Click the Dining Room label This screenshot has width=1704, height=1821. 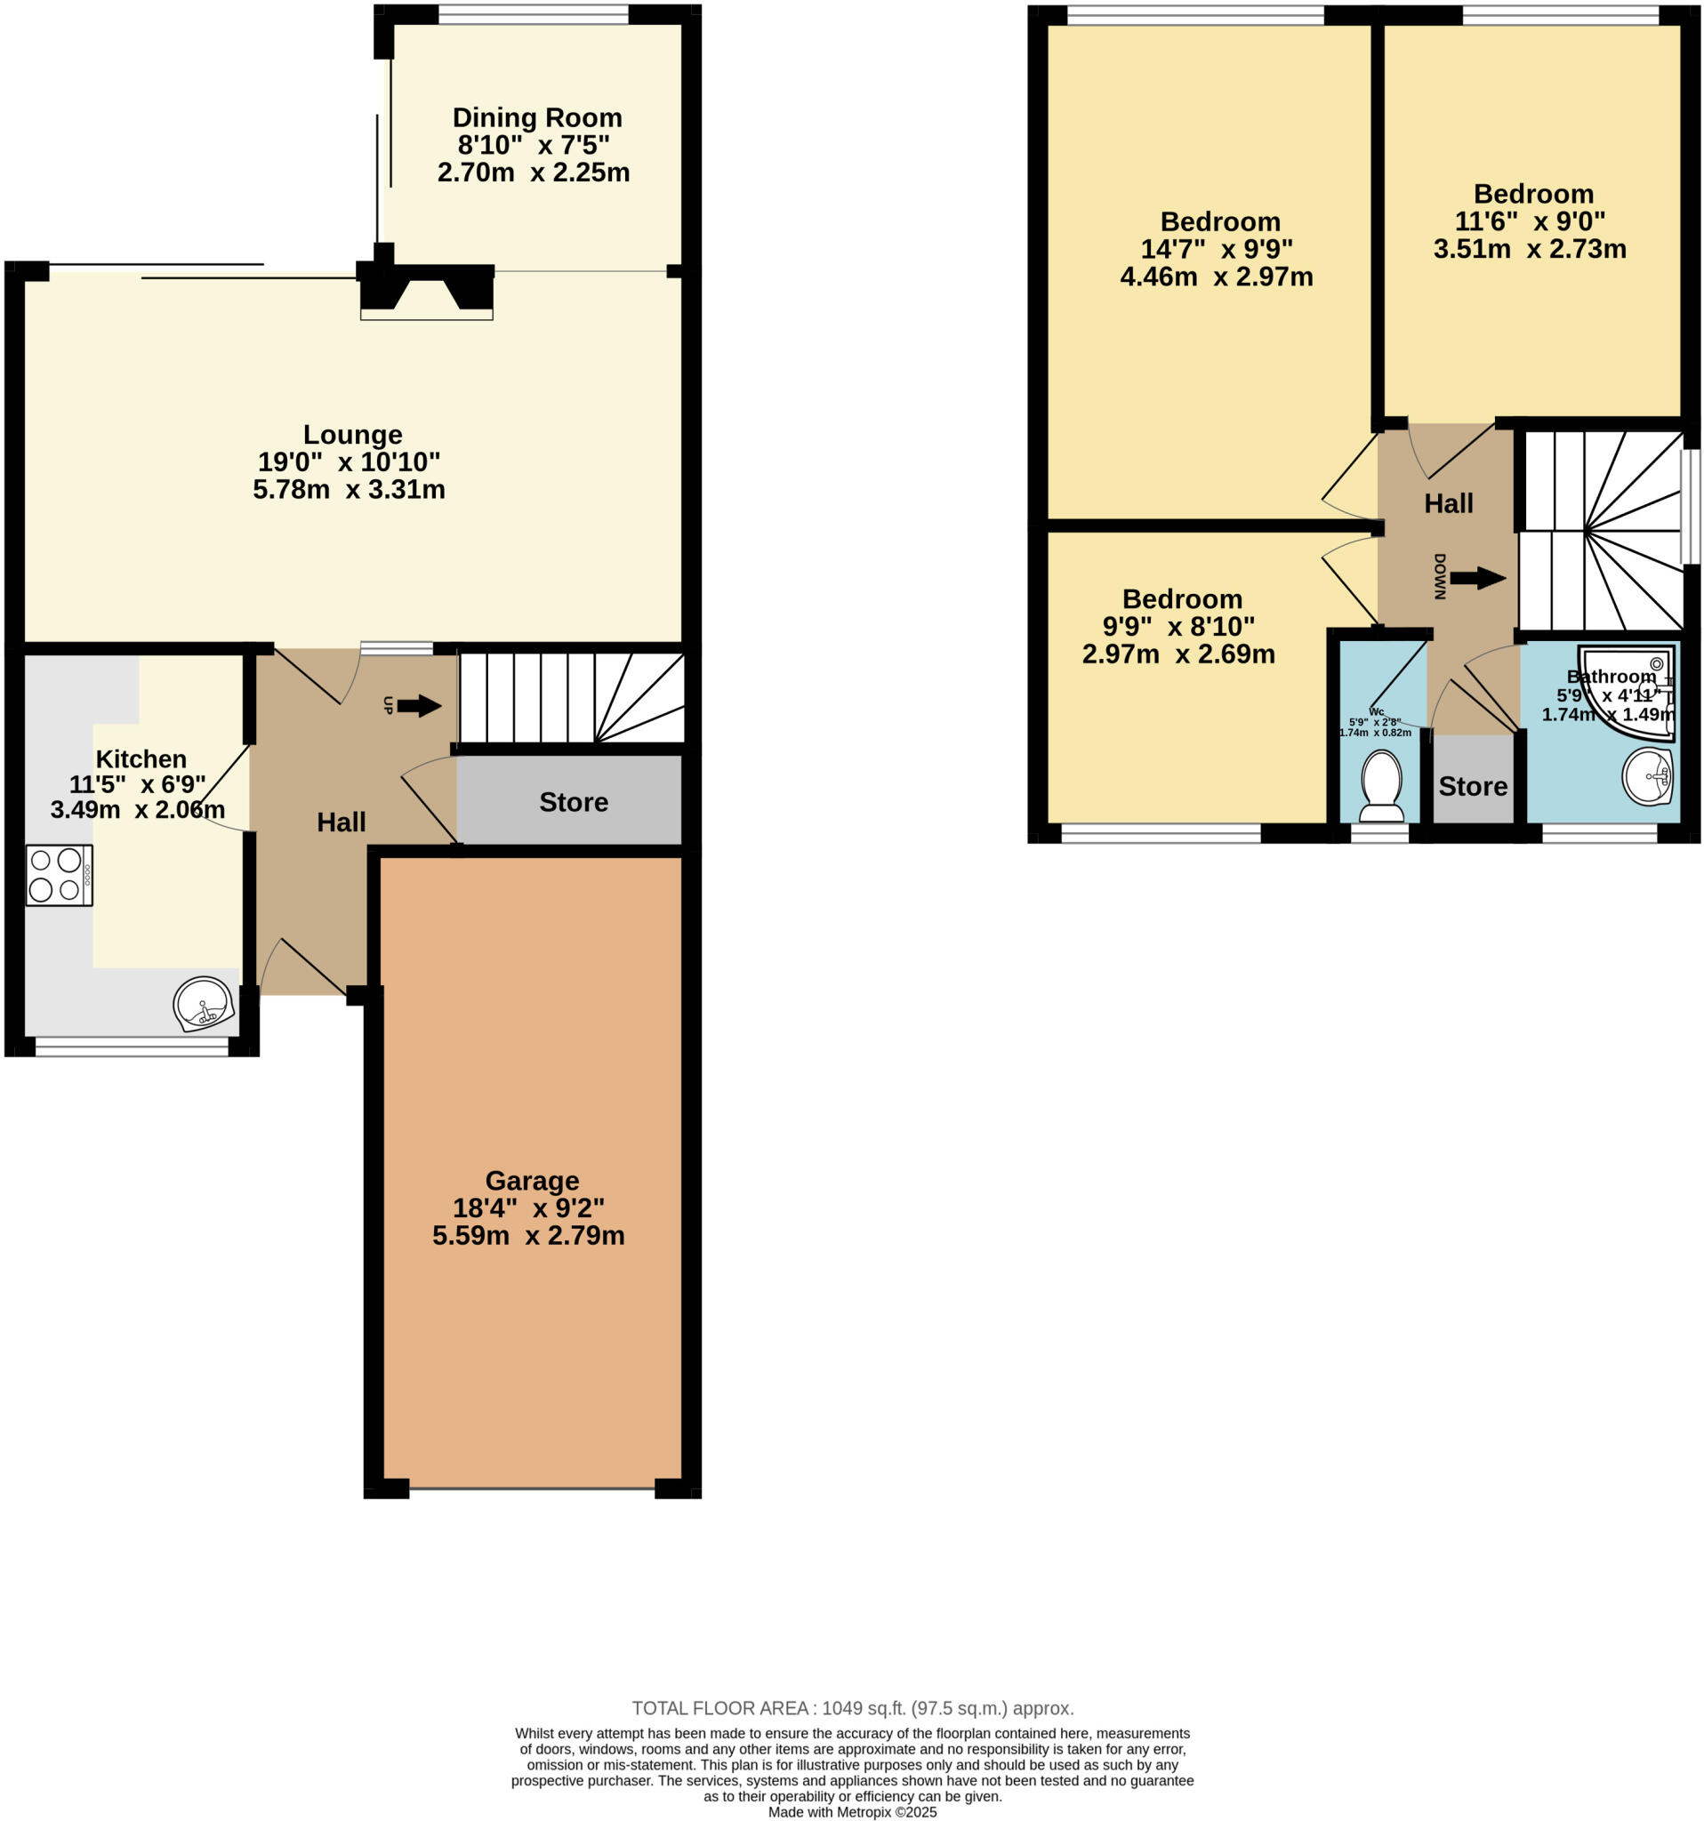537,118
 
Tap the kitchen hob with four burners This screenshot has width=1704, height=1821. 59,875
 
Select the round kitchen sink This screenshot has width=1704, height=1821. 204,1003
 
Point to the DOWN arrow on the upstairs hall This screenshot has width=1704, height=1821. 1477,578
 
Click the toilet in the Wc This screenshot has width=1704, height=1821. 1380,785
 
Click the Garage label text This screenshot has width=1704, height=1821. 531,1181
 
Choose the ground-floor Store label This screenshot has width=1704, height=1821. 574,802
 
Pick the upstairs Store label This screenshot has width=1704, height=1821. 1472,787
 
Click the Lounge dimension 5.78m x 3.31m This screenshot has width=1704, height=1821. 349,489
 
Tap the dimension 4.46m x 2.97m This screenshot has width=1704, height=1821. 1216,277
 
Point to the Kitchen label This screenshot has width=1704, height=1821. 141,759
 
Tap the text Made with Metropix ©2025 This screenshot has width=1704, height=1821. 852,1812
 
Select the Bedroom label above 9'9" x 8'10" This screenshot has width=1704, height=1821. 1182,599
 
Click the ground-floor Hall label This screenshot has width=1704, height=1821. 341,822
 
